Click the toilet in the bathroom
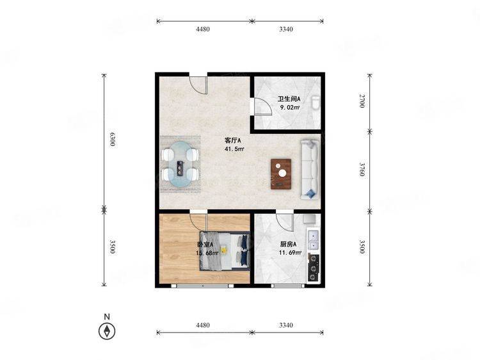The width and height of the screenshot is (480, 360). click(x=316, y=103)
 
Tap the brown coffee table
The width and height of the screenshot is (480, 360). click(x=281, y=174)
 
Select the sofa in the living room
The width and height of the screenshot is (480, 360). click(x=310, y=170)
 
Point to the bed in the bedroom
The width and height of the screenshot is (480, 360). click(x=225, y=251)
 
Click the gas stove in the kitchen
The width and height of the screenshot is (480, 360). click(x=313, y=268)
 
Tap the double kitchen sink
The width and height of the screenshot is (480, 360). click(x=314, y=240)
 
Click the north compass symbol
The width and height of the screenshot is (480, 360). click(x=107, y=331)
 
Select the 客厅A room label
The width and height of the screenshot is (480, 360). click(x=233, y=140)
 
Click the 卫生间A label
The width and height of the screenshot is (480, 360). click(x=289, y=99)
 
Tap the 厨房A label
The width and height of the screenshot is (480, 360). click(x=289, y=244)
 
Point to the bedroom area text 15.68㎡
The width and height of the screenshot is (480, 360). click(x=207, y=253)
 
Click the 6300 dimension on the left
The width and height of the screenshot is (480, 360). click(x=113, y=139)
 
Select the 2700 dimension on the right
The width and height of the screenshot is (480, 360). click(x=362, y=101)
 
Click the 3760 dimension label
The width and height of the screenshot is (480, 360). click(x=362, y=169)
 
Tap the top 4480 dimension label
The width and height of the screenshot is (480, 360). click(x=203, y=29)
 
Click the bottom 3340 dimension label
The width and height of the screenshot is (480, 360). click(x=286, y=325)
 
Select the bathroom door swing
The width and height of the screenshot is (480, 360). click(x=262, y=106)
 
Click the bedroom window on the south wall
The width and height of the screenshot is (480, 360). click(x=202, y=286)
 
